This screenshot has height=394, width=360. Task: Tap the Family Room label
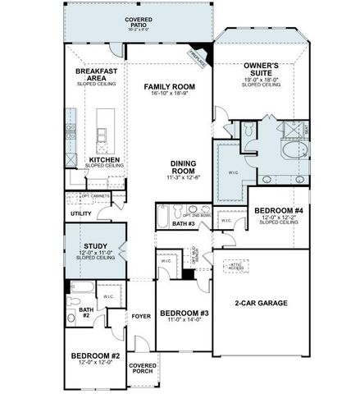coord(169,85)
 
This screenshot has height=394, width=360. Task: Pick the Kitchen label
coord(104,159)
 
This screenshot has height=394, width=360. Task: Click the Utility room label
coord(81,213)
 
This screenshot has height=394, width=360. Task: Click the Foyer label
coord(141,315)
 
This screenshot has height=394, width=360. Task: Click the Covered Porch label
coord(143,368)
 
